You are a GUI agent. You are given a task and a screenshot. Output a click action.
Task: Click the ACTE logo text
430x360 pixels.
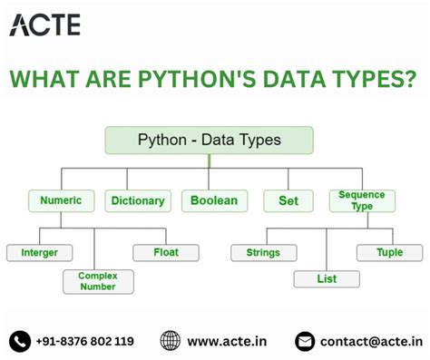pyautogui.click(x=45, y=24)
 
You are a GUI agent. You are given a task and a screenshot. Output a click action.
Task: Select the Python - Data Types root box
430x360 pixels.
pyautogui.click(x=210, y=141)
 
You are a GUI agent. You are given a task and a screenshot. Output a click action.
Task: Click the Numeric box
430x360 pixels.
pyautogui.click(x=61, y=200)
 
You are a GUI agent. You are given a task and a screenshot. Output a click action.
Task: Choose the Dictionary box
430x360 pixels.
pyautogui.click(x=137, y=200)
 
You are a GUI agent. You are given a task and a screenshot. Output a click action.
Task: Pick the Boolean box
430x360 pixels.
pyautogui.click(x=214, y=200)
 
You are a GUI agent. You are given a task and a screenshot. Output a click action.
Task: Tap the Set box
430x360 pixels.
pyautogui.click(x=288, y=200)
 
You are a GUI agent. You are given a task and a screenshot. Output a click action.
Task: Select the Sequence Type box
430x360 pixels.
pyautogui.click(x=361, y=200)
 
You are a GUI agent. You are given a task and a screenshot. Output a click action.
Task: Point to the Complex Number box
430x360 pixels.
pyautogui.click(x=98, y=280)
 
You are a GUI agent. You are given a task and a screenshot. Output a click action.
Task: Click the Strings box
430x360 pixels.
pyautogui.click(x=263, y=253)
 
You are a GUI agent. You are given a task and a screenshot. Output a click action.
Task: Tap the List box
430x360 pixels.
pyautogui.click(x=327, y=279)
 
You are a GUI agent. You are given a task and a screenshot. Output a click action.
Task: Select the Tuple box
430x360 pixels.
pyautogui.click(x=389, y=253)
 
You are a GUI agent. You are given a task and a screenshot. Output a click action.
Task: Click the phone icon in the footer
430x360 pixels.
pyautogui.click(x=19, y=341)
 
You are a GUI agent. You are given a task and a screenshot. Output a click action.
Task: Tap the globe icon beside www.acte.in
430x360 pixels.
pyautogui.click(x=170, y=341)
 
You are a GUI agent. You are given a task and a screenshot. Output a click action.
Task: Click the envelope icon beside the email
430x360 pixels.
pyautogui.click(x=306, y=341)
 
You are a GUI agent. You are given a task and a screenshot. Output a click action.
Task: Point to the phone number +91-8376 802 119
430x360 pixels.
pyautogui.click(x=84, y=341)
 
